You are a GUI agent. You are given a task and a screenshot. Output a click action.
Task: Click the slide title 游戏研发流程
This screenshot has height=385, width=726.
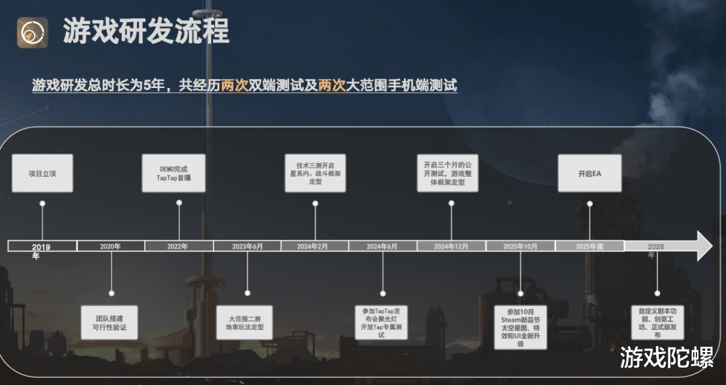click(x=146, y=31)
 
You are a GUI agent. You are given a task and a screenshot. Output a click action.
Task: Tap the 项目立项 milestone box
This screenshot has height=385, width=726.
click(x=42, y=173)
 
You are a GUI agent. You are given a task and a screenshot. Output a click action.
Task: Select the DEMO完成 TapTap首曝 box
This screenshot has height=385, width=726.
click(x=174, y=173)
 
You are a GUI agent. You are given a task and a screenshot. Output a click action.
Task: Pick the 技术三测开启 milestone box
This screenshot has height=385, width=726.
click(x=316, y=173)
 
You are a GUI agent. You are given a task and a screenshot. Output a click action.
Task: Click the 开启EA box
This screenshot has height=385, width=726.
click(x=590, y=173)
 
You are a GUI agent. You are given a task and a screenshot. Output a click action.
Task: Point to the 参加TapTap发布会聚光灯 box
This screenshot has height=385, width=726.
click(x=382, y=322)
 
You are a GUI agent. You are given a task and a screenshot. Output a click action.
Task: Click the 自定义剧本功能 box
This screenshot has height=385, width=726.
click(x=657, y=323)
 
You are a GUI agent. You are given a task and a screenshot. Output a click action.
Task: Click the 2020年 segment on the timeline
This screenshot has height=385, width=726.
click(x=110, y=247)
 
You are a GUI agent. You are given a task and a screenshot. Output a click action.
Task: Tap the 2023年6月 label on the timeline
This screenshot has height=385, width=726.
click(x=247, y=247)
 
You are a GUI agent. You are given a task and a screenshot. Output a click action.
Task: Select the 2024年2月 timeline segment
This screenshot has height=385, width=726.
click(x=315, y=247)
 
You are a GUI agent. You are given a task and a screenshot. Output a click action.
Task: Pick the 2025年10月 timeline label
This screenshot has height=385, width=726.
click(x=520, y=247)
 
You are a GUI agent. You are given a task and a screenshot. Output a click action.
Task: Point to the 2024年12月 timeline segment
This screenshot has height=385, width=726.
click(x=451, y=247)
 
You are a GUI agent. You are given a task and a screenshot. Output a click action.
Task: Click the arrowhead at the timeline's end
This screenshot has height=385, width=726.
click(x=703, y=246)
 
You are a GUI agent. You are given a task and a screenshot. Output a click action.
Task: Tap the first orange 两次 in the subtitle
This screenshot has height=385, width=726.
click(x=235, y=85)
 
